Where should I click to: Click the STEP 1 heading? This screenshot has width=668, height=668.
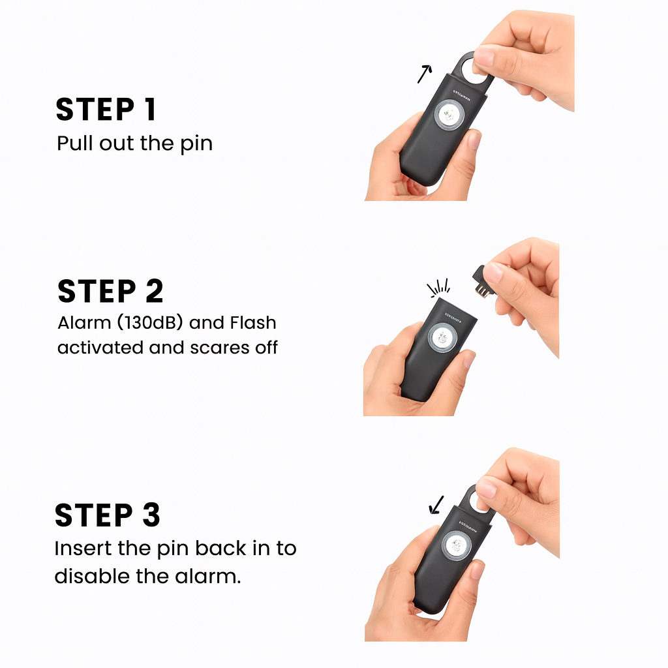click(x=106, y=110)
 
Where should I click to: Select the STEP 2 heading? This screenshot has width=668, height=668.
click(x=110, y=292)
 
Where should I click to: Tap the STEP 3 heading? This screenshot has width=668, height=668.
click(x=108, y=515)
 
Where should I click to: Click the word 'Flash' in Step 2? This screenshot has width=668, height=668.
click(x=253, y=322)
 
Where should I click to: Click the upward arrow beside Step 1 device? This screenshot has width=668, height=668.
click(x=424, y=74)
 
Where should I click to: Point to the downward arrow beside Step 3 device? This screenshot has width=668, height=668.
click(x=436, y=505)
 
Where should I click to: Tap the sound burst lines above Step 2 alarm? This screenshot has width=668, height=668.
click(x=439, y=288)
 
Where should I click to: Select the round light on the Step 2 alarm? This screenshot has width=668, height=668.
click(x=442, y=338)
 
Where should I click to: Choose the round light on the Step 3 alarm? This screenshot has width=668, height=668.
click(x=456, y=545)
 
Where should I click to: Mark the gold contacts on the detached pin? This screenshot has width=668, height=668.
click(x=483, y=292)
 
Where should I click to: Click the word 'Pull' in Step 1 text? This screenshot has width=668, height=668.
click(x=76, y=143)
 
